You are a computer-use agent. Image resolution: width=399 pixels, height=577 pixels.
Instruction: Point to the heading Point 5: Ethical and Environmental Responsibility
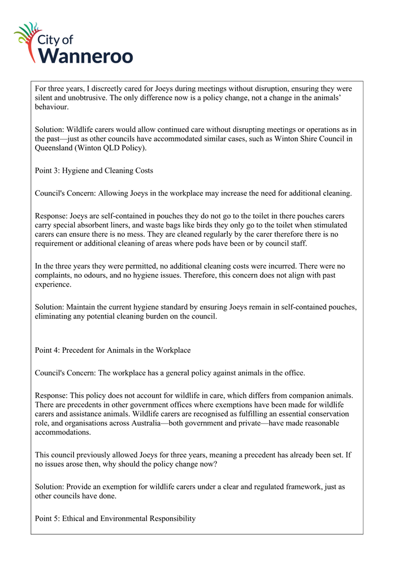115,518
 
